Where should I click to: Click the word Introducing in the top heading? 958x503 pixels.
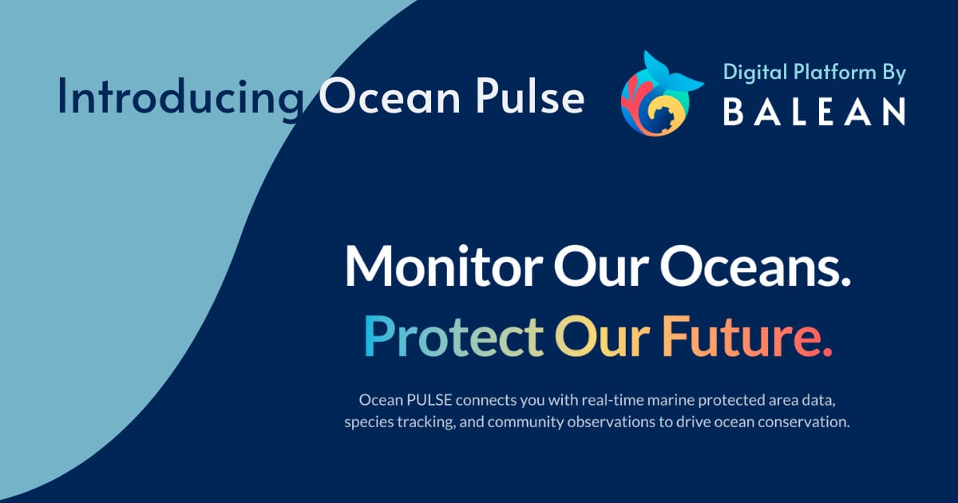[x=180, y=97]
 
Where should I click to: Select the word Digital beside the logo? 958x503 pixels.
[x=752, y=73]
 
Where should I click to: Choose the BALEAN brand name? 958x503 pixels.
[x=814, y=112]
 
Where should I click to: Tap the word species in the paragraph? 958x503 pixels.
[x=368, y=422]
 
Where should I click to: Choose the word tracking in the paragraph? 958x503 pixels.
[x=426, y=422]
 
